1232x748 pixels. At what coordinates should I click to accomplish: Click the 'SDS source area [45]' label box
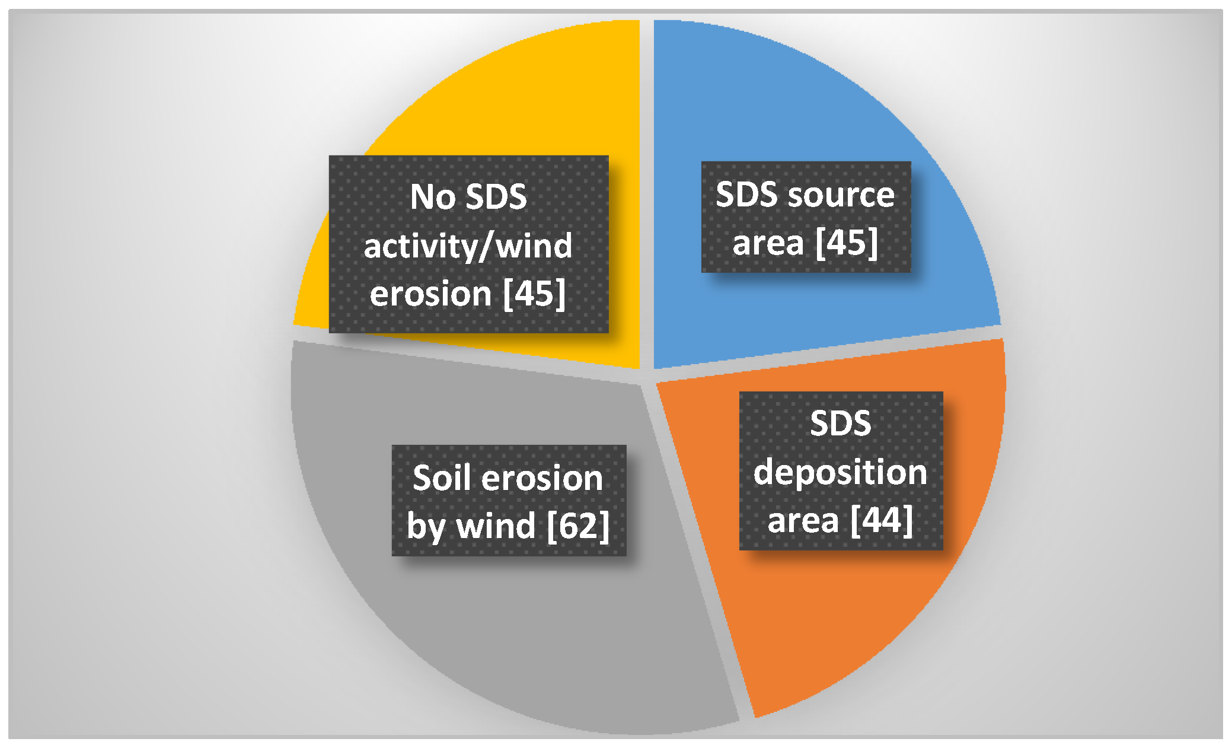coord(806,217)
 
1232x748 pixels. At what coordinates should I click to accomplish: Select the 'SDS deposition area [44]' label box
coord(841,470)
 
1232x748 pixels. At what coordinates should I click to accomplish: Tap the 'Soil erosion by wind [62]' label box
coord(509,500)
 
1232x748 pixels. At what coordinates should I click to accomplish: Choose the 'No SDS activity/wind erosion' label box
coord(468,244)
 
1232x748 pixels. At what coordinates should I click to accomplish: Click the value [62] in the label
coord(578,526)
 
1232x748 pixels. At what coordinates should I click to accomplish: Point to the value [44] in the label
coord(882,520)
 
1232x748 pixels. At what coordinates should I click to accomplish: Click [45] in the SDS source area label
coord(847,242)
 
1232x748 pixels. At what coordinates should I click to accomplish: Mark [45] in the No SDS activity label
coord(534,293)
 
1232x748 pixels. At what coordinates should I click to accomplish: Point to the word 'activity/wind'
coord(468,246)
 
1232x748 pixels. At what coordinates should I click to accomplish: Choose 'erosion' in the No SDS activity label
coord(431,294)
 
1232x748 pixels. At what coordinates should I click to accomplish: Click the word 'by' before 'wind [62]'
coord(426,527)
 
